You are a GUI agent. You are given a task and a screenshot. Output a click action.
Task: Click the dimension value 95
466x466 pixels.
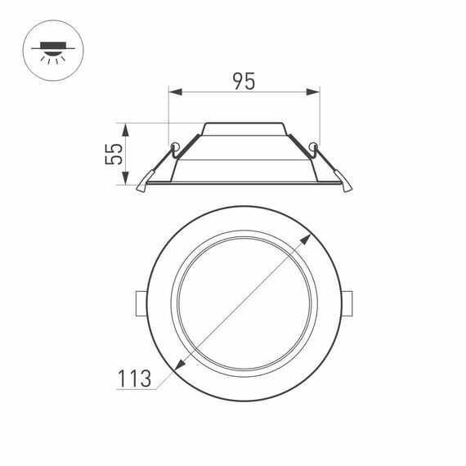244,81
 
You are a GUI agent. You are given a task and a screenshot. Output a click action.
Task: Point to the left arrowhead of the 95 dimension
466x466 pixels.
173,93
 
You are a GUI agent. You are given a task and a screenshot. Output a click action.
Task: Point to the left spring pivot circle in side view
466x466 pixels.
173,147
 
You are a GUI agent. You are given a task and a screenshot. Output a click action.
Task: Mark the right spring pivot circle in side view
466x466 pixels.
315,147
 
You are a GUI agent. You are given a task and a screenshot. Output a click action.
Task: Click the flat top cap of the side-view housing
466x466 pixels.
244,124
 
